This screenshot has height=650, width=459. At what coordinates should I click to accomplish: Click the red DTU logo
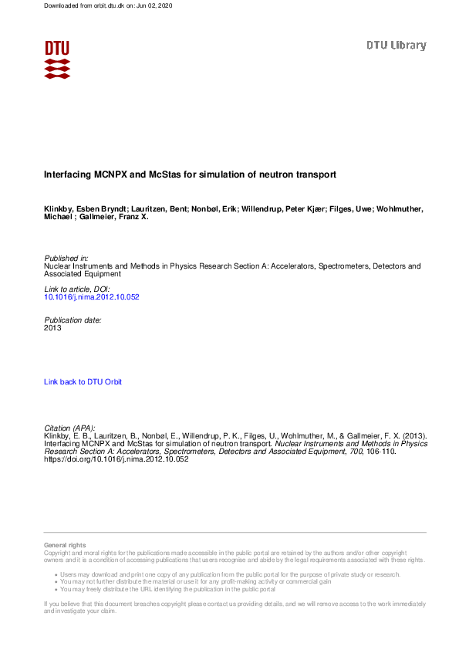(x=57, y=59)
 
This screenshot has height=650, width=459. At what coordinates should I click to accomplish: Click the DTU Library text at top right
(x=396, y=46)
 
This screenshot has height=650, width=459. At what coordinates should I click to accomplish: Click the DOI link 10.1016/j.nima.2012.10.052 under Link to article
(x=91, y=296)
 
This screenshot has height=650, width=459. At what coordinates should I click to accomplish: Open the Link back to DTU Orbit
(x=83, y=381)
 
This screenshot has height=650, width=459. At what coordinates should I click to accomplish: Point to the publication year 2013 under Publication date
(x=52, y=327)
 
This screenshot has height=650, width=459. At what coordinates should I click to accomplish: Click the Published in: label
(x=66, y=258)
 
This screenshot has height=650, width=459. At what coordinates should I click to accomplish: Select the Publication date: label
(x=73, y=319)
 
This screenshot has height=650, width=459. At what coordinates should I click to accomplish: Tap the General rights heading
(x=65, y=546)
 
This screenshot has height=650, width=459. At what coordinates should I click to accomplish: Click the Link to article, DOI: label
(x=80, y=288)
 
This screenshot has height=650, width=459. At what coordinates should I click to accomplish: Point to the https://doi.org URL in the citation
(x=116, y=459)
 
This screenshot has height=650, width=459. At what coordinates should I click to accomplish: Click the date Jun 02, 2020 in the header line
(x=154, y=5)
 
